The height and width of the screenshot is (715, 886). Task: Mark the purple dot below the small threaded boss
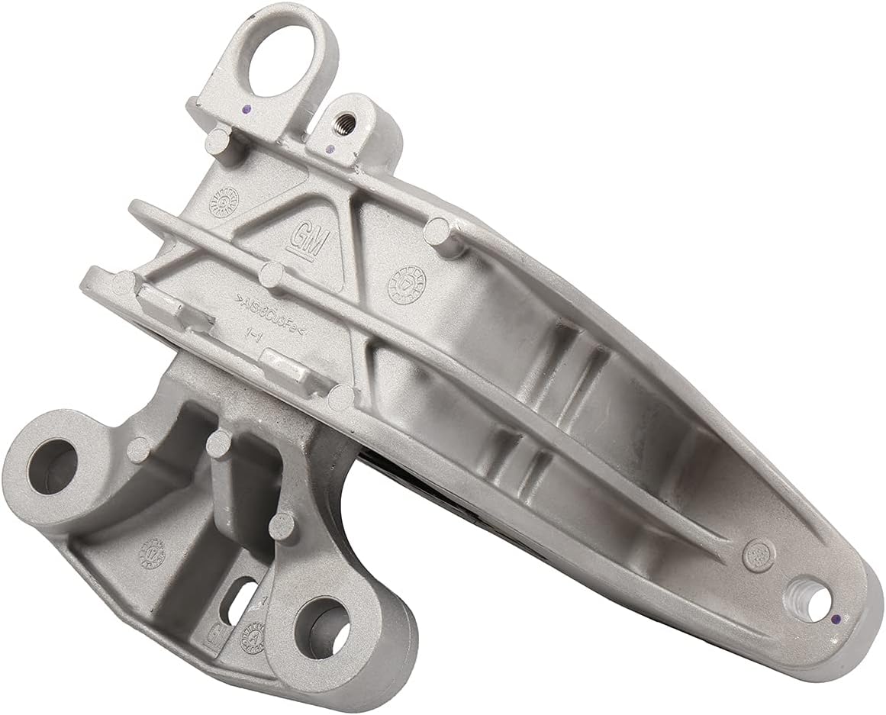[329, 148]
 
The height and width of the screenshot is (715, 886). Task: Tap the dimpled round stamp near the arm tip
[756, 550]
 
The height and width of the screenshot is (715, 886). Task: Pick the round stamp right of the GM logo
[404, 283]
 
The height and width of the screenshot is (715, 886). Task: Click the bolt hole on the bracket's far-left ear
[50, 466]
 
